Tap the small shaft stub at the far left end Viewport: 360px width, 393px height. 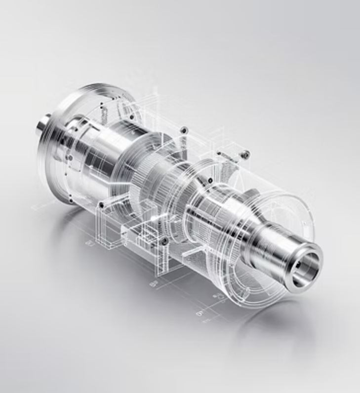point(42,124)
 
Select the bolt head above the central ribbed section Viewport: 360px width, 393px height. point(184,130)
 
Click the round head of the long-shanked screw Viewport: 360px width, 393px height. point(245,155)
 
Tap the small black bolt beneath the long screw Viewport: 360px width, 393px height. point(210,181)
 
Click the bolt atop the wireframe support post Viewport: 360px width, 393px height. point(163,240)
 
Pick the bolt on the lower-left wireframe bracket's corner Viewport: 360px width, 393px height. point(101,204)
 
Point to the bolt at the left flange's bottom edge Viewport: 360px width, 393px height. point(71,200)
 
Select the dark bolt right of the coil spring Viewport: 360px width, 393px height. point(132,117)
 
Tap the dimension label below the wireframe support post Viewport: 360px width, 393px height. point(153,283)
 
